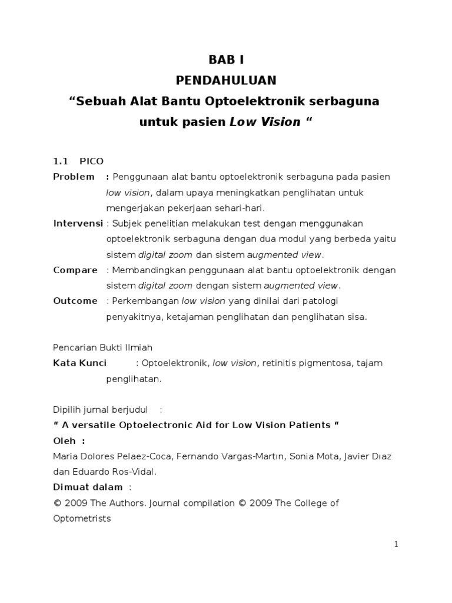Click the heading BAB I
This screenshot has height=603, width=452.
pyautogui.click(x=225, y=59)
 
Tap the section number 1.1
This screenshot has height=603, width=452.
pyautogui.click(x=61, y=161)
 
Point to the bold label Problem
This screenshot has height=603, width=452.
pyautogui.click(x=74, y=177)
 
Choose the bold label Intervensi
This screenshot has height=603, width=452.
pyautogui.click(x=78, y=224)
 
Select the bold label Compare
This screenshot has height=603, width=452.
pyautogui.click(x=75, y=270)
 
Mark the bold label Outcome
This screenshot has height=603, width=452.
pyautogui.click(x=75, y=301)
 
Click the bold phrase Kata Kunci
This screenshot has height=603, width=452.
pyautogui.click(x=80, y=363)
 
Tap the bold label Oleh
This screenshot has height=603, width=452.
pyautogui.click(x=66, y=440)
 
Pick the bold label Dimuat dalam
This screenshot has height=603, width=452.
pyautogui.click(x=88, y=487)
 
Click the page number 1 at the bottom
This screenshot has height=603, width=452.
pyautogui.click(x=397, y=545)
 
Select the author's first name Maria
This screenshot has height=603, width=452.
pyautogui.click(x=65, y=456)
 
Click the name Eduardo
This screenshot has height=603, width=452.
pyautogui.click(x=89, y=472)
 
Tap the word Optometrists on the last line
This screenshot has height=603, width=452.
pyautogui.click(x=82, y=519)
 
